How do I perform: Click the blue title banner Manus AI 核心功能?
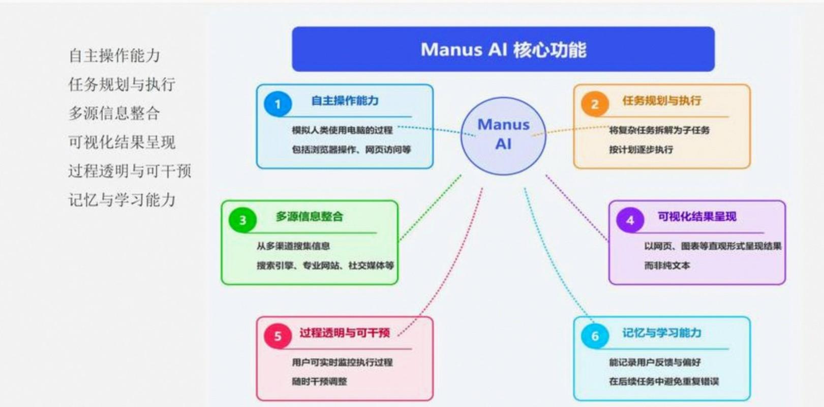click(503, 49)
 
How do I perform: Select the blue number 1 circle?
click(278, 104)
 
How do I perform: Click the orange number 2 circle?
click(595, 104)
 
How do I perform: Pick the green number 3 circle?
click(242, 220)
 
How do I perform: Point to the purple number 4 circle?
click(630, 220)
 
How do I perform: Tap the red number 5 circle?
click(278, 336)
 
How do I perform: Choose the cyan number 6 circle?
click(595, 336)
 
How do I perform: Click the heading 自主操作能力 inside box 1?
click(345, 101)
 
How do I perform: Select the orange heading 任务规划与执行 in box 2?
click(661, 101)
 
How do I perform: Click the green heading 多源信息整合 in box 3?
click(309, 217)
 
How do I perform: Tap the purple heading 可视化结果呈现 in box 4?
click(696, 217)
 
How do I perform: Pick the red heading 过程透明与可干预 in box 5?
click(344, 333)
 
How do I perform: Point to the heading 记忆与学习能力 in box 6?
click(661, 333)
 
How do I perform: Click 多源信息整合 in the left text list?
click(114, 113)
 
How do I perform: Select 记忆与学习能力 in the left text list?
click(122, 200)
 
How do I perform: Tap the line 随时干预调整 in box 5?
click(319, 382)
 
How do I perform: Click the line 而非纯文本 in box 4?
click(667, 266)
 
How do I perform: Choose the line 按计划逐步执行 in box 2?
click(640, 150)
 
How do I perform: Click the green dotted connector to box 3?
click(431, 207)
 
